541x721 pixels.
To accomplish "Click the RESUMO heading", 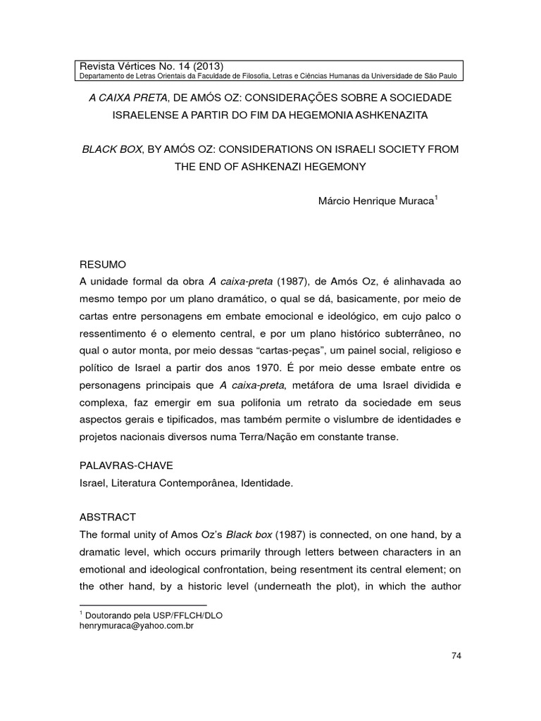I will click(104, 265).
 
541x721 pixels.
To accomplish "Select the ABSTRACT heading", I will click(109, 516).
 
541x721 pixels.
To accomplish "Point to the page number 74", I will click(456, 656).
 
